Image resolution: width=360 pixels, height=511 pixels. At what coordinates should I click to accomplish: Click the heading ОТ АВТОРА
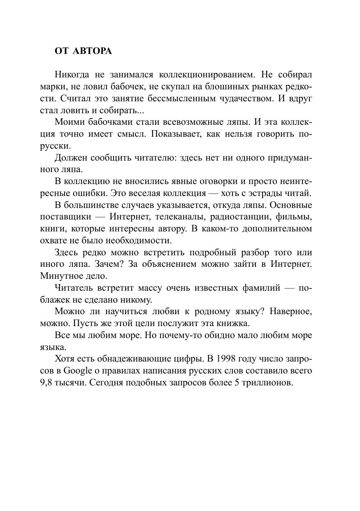[83, 51]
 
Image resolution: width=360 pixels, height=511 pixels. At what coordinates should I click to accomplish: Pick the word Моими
[67, 122]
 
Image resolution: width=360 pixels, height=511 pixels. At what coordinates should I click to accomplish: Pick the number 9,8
[47, 383]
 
